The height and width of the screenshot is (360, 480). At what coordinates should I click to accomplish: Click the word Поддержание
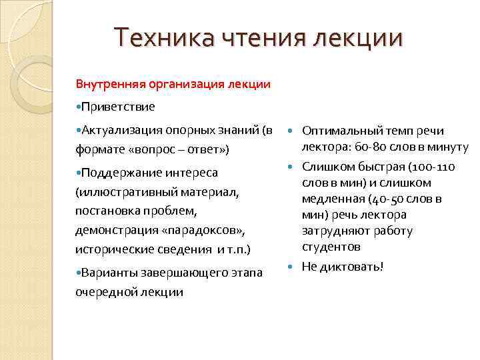[x=117, y=173]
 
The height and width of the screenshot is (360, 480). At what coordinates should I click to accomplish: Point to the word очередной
[x=104, y=291]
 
